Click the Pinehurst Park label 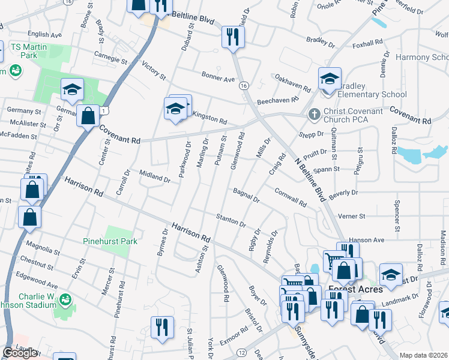(x=110, y=241)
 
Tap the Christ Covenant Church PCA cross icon (x=314, y=113)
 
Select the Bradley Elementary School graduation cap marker (x=330, y=80)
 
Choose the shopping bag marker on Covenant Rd (x=88, y=115)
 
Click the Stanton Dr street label (x=231, y=220)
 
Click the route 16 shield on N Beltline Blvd (x=244, y=86)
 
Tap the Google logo (x=19, y=353)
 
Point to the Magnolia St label (x=44, y=247)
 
